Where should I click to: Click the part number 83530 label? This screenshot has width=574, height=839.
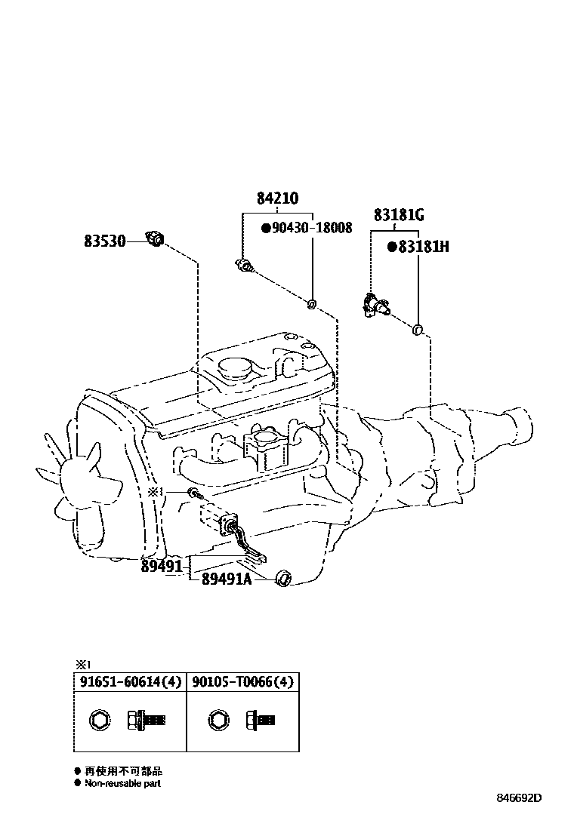104,241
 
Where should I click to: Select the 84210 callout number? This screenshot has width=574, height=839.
277,198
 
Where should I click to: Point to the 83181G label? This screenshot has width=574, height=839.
399,215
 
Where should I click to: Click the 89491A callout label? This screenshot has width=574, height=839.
227,579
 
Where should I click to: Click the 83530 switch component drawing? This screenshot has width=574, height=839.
156,239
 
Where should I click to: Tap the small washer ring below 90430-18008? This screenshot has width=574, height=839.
311,305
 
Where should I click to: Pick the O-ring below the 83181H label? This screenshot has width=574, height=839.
418,329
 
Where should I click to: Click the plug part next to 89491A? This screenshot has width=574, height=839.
282,578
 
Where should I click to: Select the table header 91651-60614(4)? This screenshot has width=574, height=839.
130,682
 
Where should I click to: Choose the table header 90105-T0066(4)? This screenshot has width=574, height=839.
243,682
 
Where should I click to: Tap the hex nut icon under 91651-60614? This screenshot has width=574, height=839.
100,721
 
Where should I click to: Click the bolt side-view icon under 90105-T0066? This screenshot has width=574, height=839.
261,721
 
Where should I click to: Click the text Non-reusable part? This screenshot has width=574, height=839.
122,783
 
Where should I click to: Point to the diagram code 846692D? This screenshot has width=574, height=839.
519,798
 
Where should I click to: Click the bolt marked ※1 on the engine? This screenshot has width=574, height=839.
194,493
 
